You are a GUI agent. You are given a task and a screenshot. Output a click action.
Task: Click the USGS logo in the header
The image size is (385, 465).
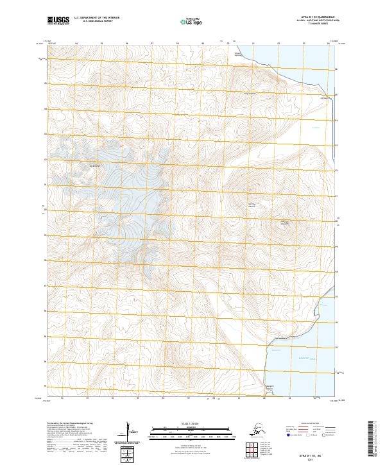(x=58, y=21)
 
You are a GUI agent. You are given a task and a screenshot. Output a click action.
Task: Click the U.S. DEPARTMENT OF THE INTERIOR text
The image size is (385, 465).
(x=96, y=19)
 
